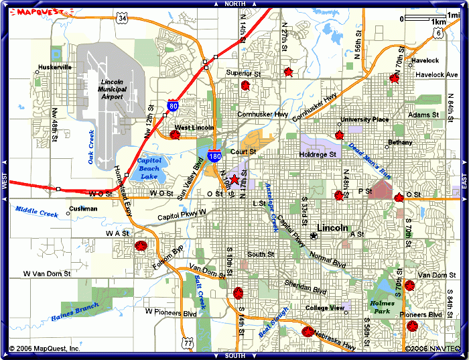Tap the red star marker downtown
[x=234, y=180]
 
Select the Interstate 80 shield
[x=174, y=106]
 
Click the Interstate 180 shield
[x=214, y=156]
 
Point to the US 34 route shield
[x=122, y=18]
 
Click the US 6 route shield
[x=437, y=32]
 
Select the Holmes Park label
[x=383, y=308]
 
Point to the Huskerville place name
[x=55, y=68]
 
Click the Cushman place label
[x=83, y=209]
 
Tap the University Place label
[x=364, y=119]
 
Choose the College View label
[x=324, y=308]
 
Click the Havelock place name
[x=425, y=60]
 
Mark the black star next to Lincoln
[x=314, y=236]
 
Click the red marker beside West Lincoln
[x=175, y=135]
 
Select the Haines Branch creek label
[x=74, y=312]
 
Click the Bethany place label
[x=401, y=143]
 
